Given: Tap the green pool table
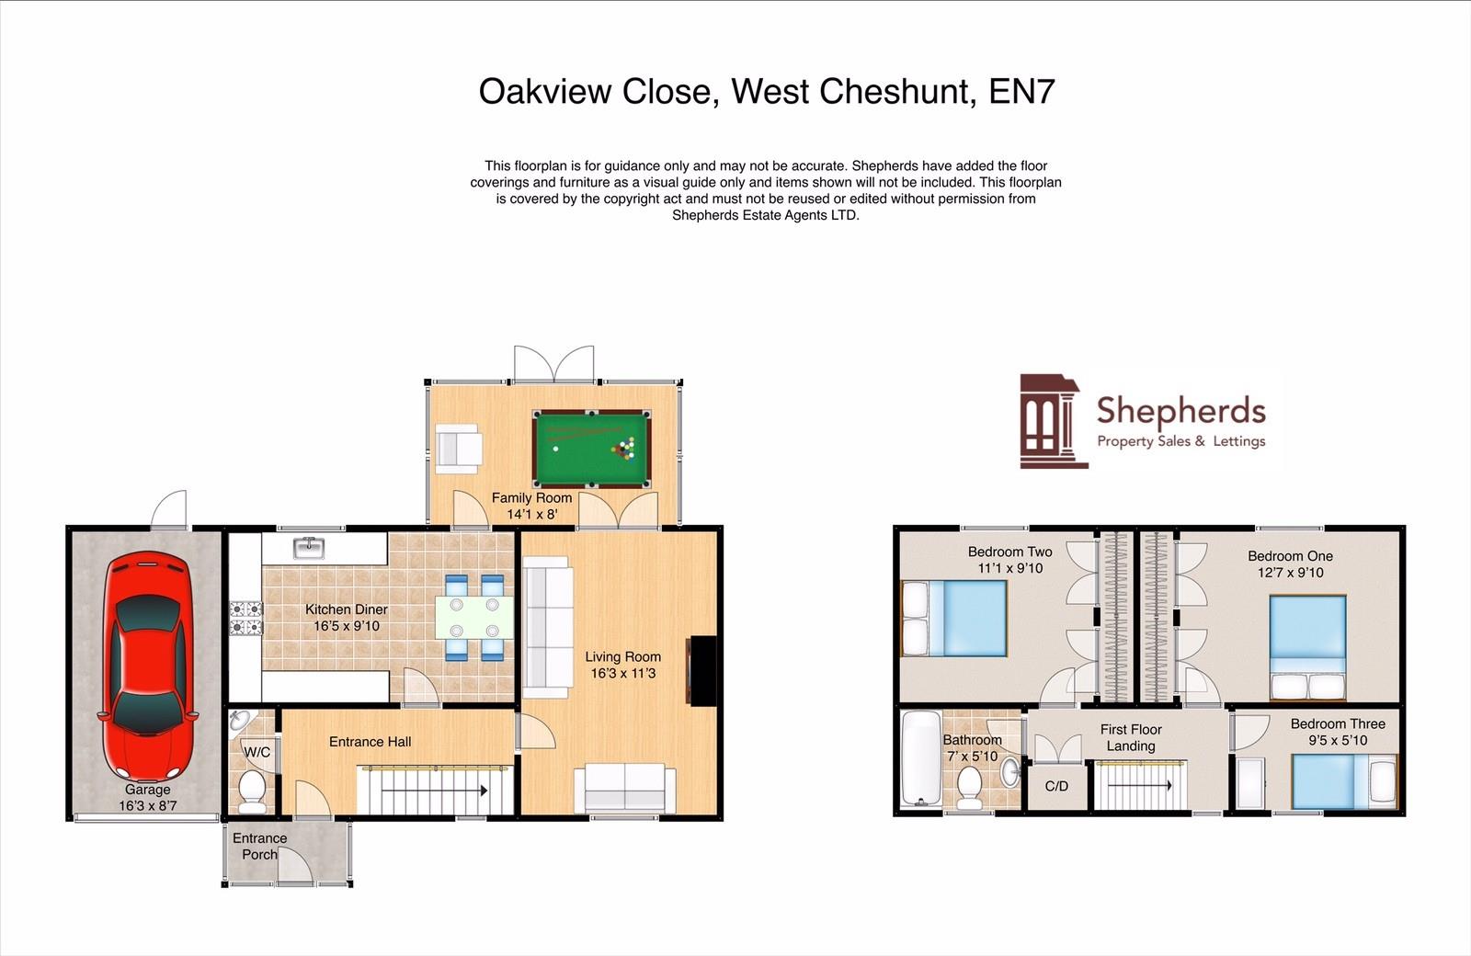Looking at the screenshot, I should (x=591, y=449).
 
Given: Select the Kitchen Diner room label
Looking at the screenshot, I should (x=347, y=609).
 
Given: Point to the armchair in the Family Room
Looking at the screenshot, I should (x=457, y=448).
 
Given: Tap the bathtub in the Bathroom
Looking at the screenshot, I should (x=918, y=758).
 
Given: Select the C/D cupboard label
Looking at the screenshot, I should (x=1056, y=786).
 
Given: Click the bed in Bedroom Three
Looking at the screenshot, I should (x=1343, y=781).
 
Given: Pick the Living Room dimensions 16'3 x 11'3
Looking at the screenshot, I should (x=623, y=673).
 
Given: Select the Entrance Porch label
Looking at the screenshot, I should (x=259, y=846).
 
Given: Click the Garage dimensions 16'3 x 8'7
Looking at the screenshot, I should (x=147, y=805).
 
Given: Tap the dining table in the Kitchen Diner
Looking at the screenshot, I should (x=473, y=617).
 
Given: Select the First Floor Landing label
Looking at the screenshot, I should (x=1131, y=737).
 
